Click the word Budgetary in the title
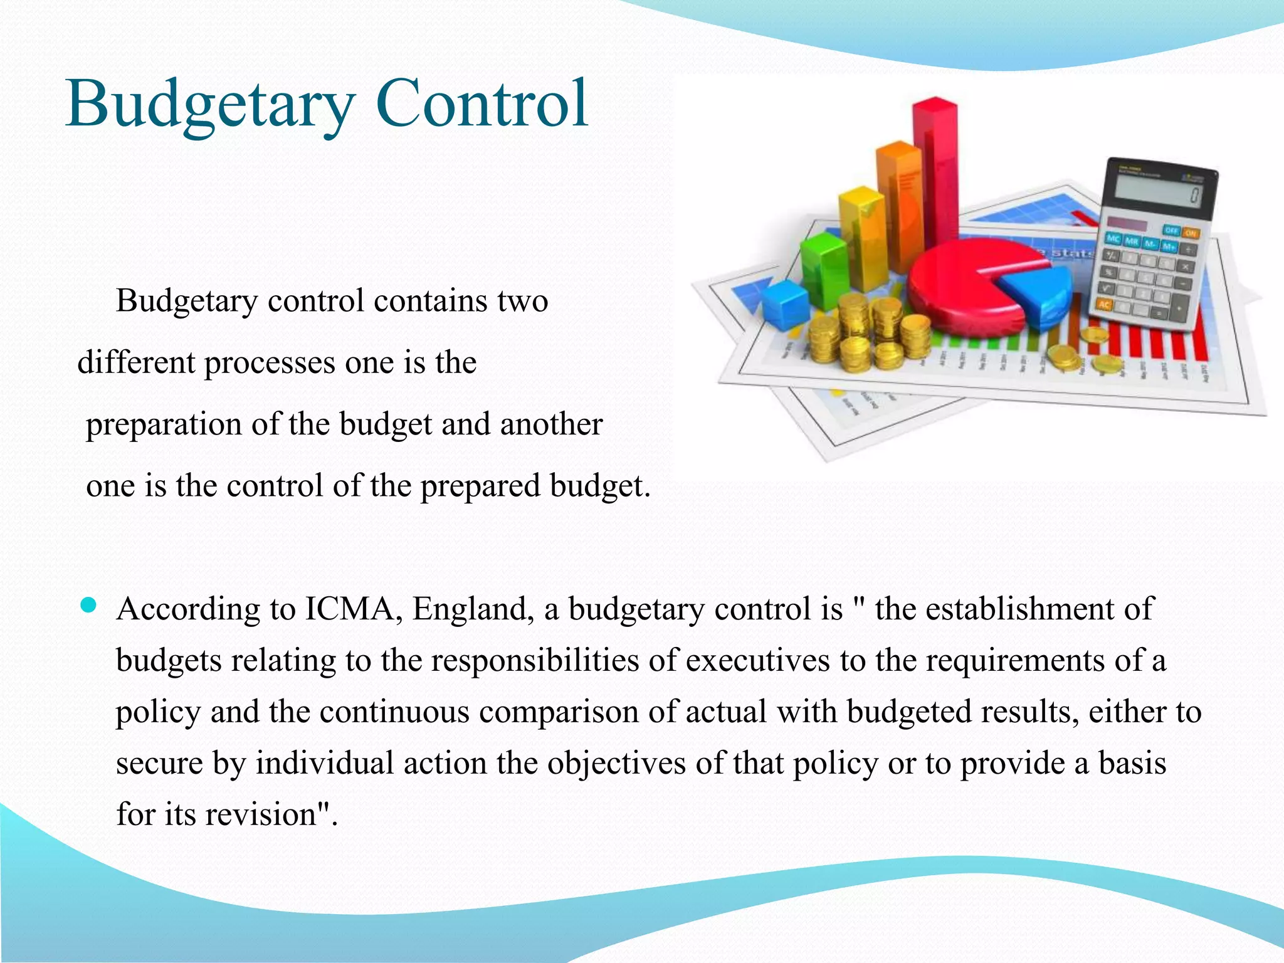(x=210, y=103)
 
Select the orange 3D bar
(x=899, y=207)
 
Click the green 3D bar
(x=824, y=270)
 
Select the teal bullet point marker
(x=89, y=605)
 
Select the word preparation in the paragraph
(x=164, y=424)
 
